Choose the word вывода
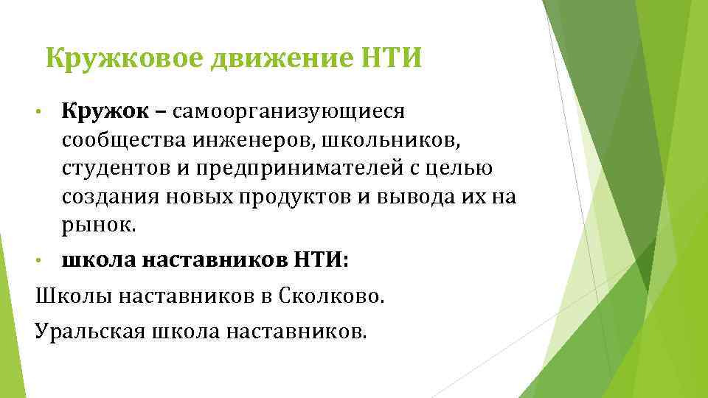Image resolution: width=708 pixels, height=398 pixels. click(x=423, y=197)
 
